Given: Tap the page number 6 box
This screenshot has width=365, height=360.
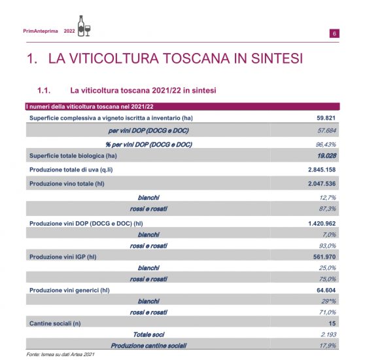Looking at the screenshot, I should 334,33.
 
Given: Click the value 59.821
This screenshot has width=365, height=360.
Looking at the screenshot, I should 326,118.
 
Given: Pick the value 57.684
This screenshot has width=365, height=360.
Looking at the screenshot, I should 326,130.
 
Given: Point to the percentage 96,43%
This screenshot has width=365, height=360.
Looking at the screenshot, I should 326,143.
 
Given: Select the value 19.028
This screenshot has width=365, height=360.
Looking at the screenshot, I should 326,156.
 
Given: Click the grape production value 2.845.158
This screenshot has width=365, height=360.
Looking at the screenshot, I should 321,170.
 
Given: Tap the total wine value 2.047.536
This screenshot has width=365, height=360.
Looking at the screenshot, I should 321,184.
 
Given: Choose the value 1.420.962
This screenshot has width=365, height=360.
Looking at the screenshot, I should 321,223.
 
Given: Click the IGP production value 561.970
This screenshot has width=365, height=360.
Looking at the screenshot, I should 324,257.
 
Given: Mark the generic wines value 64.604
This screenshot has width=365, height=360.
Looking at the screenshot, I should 326,290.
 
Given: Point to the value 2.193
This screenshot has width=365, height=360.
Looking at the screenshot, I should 328,334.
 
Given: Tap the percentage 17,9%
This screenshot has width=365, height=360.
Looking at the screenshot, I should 328,345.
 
